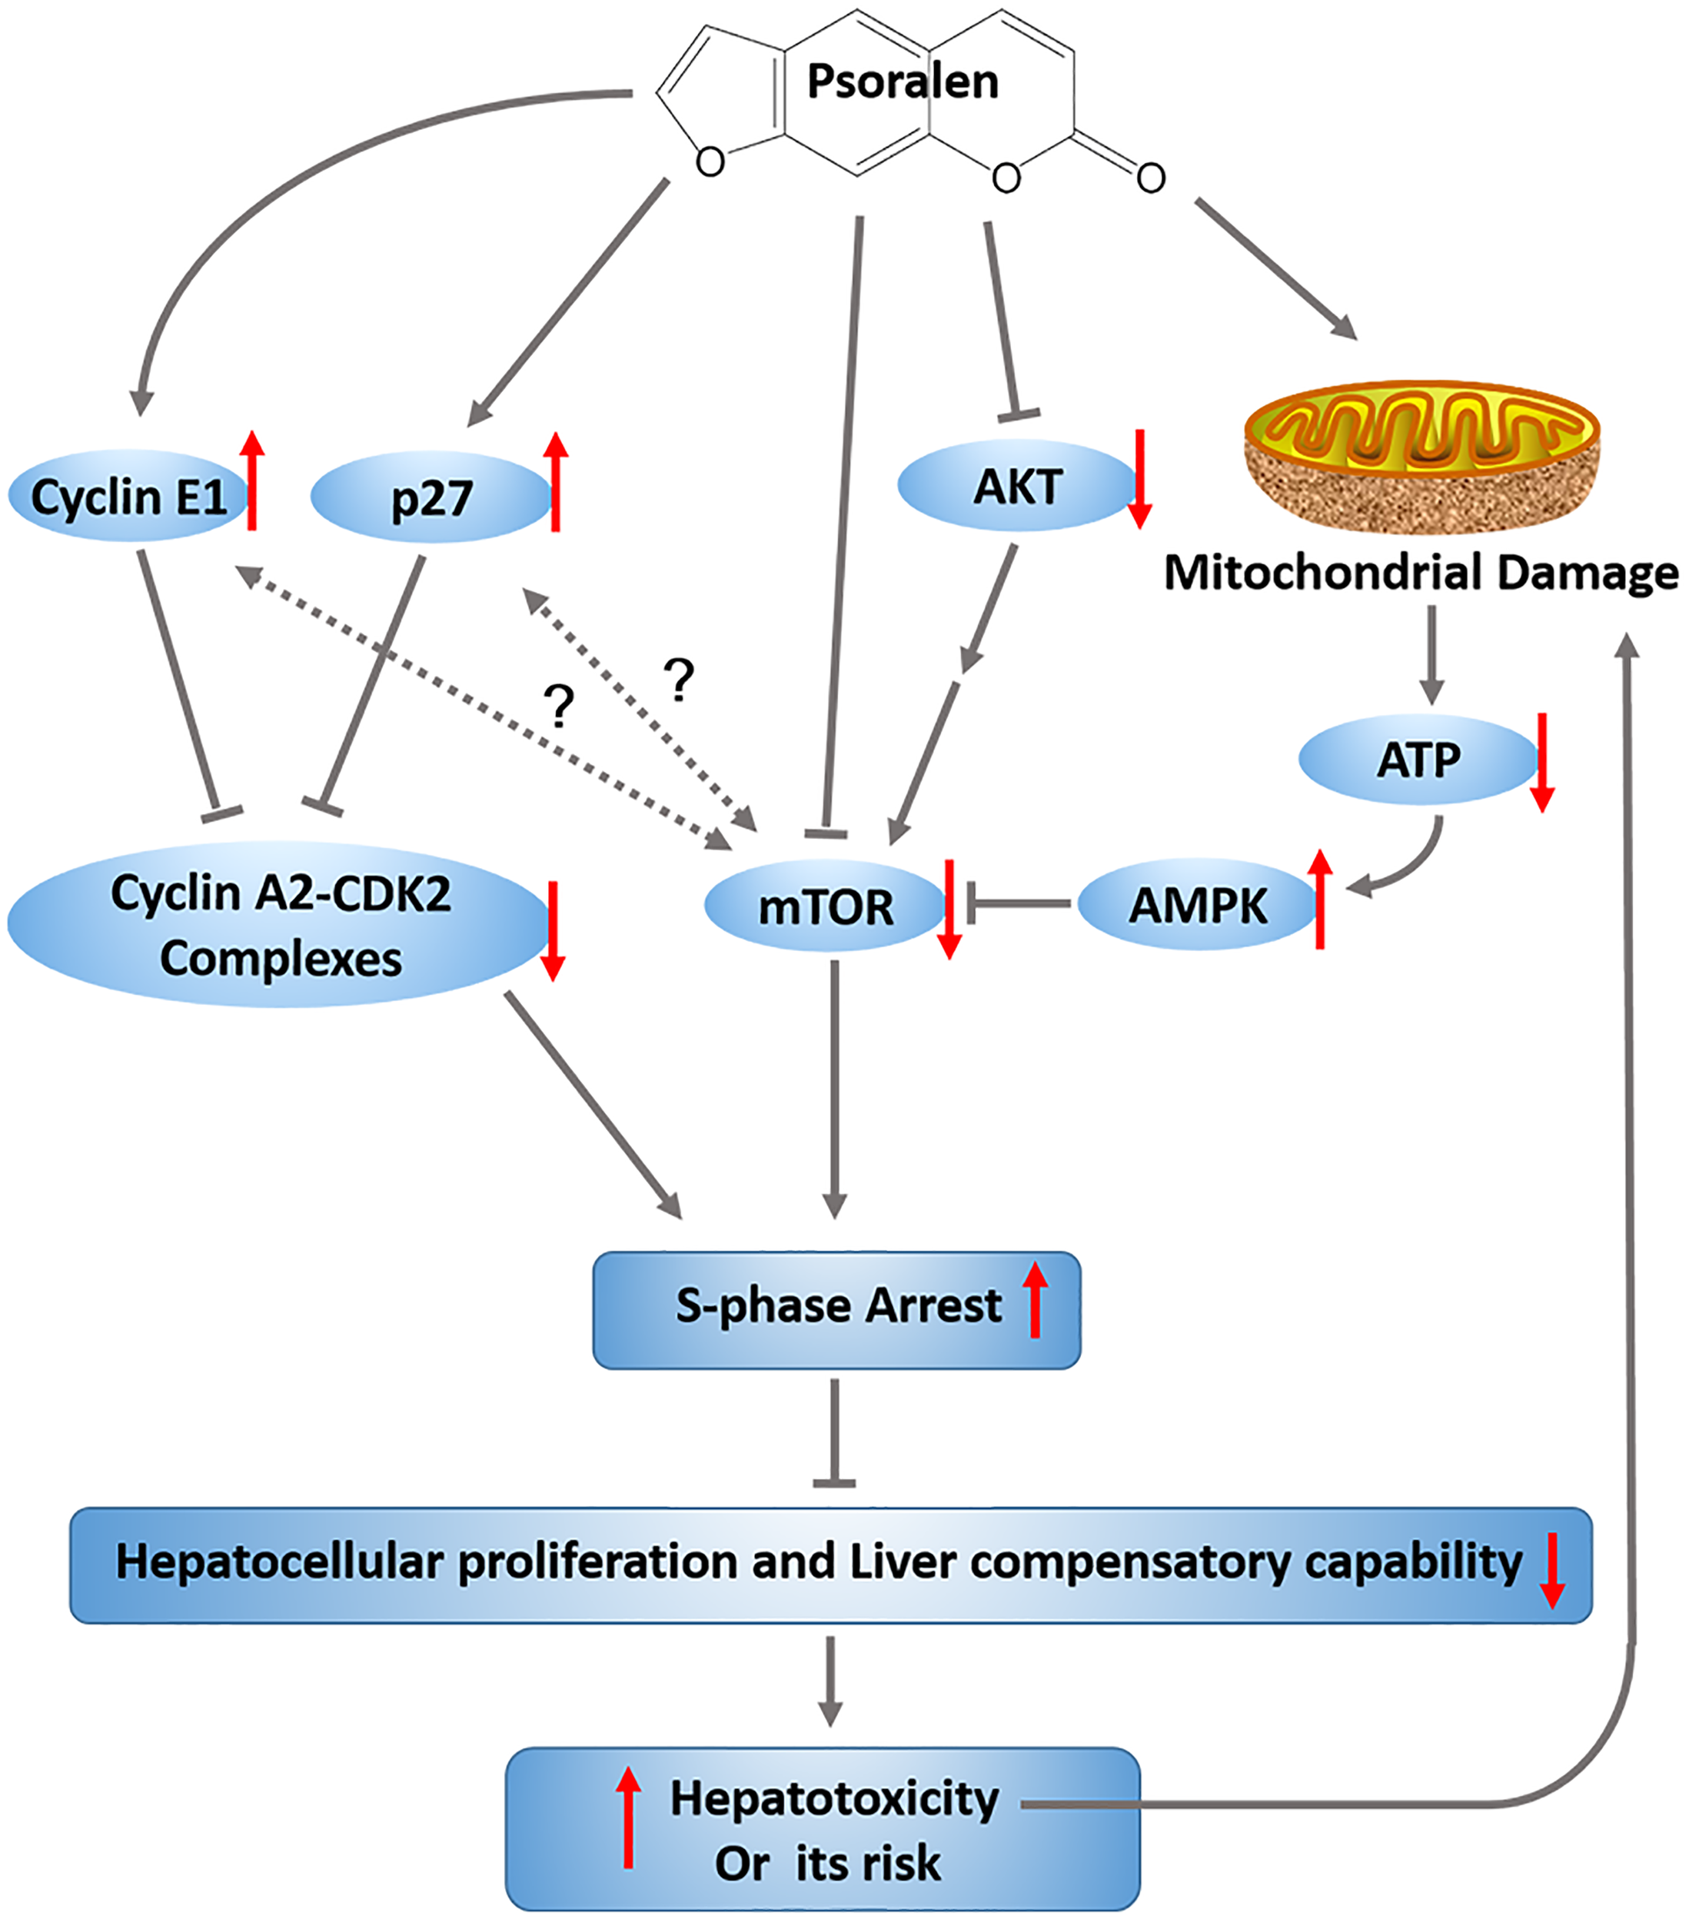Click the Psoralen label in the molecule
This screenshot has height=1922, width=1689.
pos(902,81)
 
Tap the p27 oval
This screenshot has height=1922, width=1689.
pos(431,497)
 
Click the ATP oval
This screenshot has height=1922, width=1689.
pos(1418,760)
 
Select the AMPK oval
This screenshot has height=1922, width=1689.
pos(1197,906)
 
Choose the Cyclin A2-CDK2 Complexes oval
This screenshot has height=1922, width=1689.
pos(279,926)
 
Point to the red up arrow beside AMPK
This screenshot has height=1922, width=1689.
pos(1320,898)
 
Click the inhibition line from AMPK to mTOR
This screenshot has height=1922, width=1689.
pos(1020,905)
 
